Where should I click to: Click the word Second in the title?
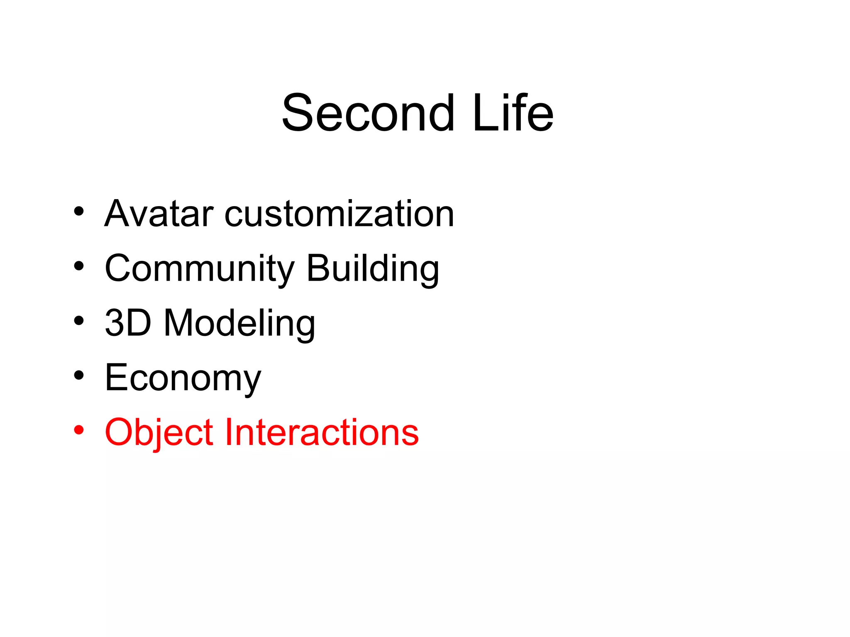click(x=368, y=113)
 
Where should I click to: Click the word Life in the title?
click(x=513, y=113)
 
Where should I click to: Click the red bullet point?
click(x=79, y=430)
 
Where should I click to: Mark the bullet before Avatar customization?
click(x=79, y=212)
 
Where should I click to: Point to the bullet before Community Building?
click(x=79, y=266)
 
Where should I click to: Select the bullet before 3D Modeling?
click(x=79, y=321)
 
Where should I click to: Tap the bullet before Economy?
click(x=79, y=375)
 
